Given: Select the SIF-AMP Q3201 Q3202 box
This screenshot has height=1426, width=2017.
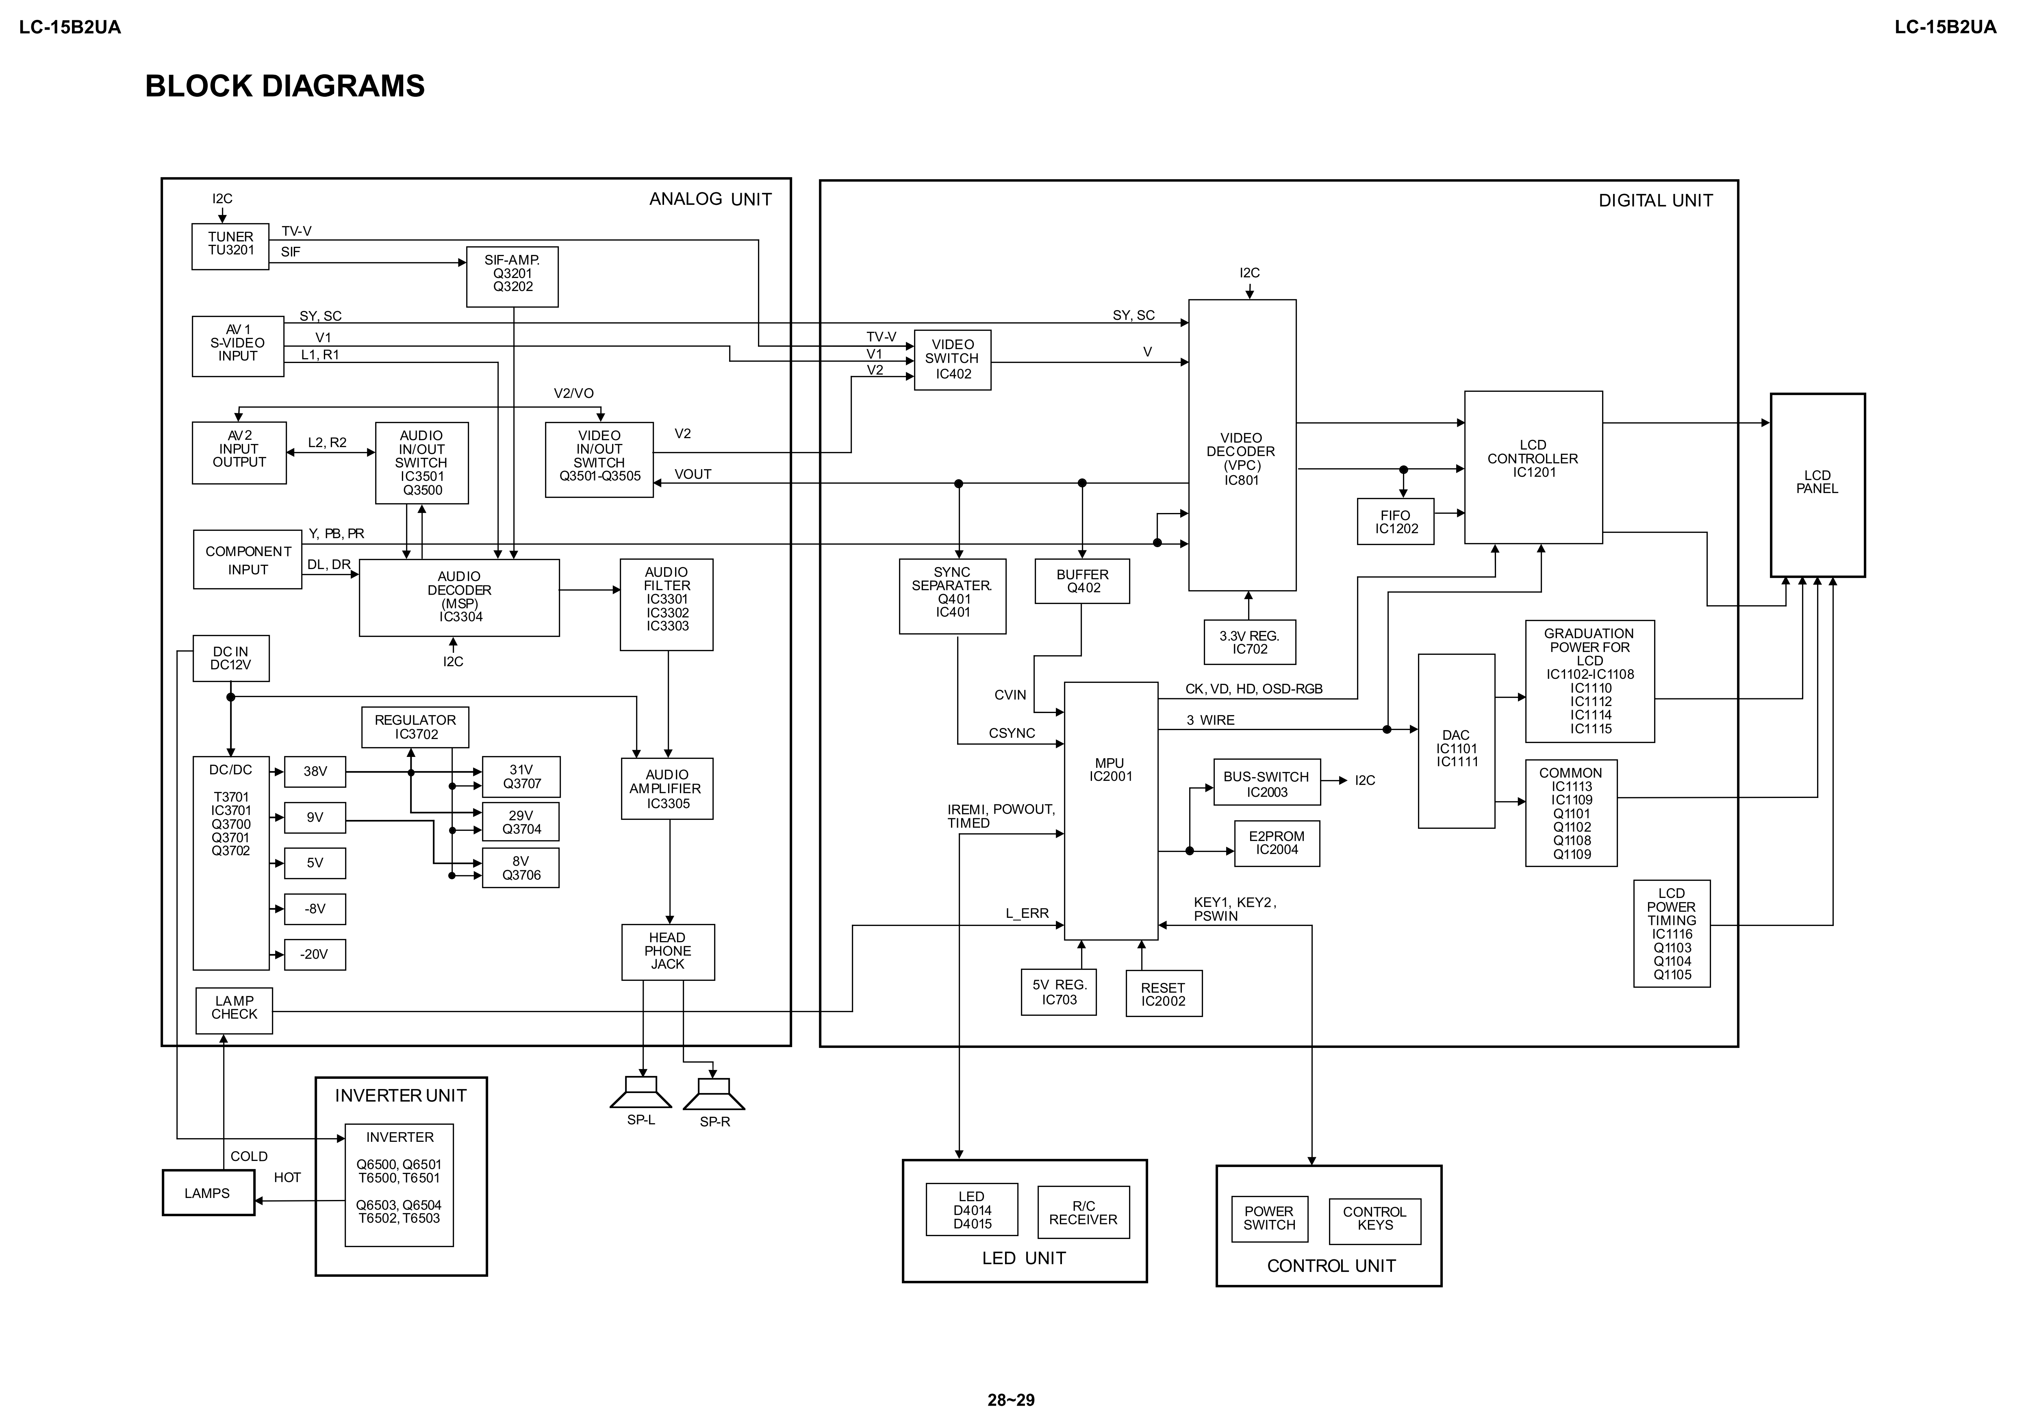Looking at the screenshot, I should (x=512, y=277).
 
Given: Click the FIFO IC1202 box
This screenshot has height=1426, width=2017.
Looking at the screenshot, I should (x=1395, y=522).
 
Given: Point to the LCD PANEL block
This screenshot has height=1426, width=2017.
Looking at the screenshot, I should (x=1817, y=485).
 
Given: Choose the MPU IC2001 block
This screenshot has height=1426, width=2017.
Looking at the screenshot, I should (x=1110, y=810).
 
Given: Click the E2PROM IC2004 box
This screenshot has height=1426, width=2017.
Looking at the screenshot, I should (x=1277, y=843).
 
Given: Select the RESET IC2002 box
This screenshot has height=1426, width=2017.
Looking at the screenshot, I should (x=1163, y=994).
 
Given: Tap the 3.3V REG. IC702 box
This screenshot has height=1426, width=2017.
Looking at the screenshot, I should (x=1249, y=642).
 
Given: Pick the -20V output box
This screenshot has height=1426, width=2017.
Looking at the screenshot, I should (x=315, y=954).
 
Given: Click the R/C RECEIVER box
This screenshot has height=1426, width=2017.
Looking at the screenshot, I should (x=1083, y=1213).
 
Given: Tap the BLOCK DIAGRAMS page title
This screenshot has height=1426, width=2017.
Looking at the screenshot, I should (x=284, y=86).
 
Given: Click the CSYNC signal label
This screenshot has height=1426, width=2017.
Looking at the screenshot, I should (x=1012, y=733).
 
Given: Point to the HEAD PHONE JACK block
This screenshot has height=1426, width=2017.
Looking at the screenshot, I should (x=668, y=952).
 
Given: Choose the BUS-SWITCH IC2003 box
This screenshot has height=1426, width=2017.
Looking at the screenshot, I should (x=1266, y=784).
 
